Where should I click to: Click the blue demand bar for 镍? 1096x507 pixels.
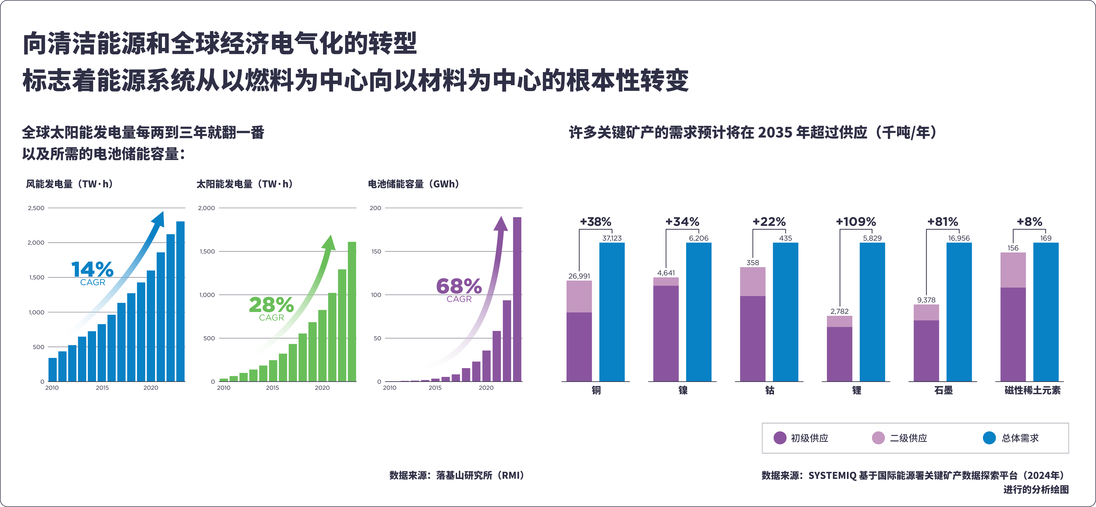coord(699,312)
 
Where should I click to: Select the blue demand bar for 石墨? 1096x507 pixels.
coord(959,312)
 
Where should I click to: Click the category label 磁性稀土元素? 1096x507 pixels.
coord(1032,390)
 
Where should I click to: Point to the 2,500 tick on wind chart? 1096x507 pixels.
coord(36,208)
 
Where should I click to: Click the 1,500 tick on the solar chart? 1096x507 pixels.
coord(207,252)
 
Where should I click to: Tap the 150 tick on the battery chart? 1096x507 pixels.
coord(376,252)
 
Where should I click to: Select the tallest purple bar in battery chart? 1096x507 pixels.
coord(517,299)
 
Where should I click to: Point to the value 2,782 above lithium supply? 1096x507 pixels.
coord(839,311)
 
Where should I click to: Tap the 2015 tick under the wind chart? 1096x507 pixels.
coord(102,388)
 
